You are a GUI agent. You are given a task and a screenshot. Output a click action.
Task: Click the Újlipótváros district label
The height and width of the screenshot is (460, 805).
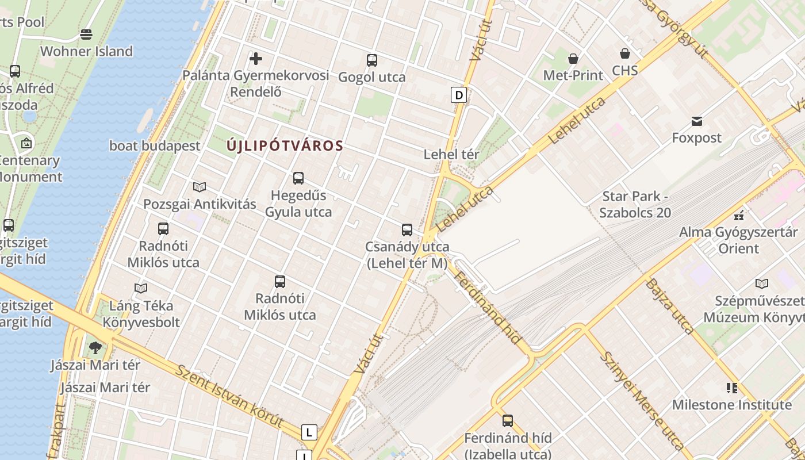click(x=285, y=146)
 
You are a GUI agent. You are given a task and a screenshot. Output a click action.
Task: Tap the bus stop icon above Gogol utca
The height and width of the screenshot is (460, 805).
click(x=372, y=60)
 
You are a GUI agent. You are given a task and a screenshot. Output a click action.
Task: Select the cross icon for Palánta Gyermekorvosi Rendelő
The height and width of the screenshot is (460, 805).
click(x=256, y=58)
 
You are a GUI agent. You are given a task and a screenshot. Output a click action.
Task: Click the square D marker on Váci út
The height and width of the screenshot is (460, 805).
click(x=458, y=95)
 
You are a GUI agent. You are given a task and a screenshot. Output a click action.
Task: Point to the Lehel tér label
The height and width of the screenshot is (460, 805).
click(x=451, y=154)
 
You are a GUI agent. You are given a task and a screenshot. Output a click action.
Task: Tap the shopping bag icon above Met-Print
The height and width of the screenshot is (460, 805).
click(x=573, y=59)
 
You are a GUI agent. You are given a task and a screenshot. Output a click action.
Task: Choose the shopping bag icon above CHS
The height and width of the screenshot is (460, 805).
click(x=625, y=54)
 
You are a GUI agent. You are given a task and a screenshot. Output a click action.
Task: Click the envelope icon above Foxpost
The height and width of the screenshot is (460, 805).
click(x=697, y=121)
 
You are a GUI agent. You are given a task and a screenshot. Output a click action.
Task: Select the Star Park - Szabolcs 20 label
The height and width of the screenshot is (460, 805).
click(x=635, y=204)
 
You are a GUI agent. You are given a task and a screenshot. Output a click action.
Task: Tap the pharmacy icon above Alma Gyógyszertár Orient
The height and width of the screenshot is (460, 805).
click(x=739, y=216)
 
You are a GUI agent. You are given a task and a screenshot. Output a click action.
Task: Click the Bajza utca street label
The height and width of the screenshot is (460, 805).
click(x=670, y=306)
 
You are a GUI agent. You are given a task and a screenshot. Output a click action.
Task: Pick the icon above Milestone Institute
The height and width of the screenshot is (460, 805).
click(x=732, y=388)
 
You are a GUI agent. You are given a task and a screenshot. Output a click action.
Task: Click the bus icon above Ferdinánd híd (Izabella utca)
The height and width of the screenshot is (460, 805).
click(x=507, y=421)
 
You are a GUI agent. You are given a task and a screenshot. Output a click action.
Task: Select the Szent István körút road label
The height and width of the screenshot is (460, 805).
click(x=230, y=397)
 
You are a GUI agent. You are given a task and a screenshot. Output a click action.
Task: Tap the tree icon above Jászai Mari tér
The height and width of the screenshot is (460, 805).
click(x=95, y=348)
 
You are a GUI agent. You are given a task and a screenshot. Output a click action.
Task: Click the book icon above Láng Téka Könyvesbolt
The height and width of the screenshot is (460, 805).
click(x=141, y=288)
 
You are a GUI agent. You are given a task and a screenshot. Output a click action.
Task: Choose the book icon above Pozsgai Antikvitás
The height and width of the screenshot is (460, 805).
click(x=200, y=187)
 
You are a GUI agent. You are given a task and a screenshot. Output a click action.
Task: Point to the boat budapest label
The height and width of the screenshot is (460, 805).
click(x=155, y=146)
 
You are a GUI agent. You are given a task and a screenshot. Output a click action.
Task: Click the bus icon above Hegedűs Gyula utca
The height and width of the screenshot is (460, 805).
click(x=298, y=178)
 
